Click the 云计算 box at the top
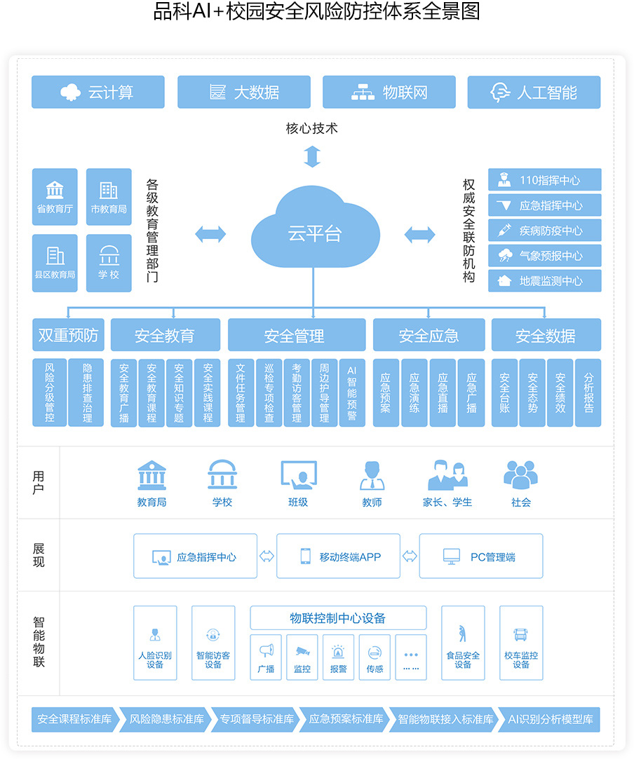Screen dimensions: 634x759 pos(98,92)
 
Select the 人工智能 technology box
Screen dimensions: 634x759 pos(534,92)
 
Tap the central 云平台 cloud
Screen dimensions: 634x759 pos(315,228)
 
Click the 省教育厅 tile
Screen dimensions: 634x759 pos(55,196)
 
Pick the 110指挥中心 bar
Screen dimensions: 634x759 pos(544,179)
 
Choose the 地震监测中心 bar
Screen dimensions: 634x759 pos(544,281)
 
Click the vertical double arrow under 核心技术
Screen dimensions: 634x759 pos(312,156)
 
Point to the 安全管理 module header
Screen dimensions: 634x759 pos(297,334)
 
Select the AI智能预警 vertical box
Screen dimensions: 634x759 pos(352,392)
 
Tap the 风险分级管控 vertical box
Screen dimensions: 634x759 pos(49,392)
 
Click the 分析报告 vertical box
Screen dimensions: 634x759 pos(588,392)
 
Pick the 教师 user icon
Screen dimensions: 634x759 pos(372,475)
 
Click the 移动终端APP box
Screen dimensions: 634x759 pos(338,556)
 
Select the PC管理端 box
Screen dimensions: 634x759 pos(481,556)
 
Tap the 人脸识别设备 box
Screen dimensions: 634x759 pos(155,643)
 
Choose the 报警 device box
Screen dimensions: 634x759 pos(338,657)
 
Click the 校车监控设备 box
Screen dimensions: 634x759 pos(521,643)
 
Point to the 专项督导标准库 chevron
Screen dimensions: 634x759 pos(257,719)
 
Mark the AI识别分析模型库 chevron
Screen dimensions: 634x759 pos(550,719)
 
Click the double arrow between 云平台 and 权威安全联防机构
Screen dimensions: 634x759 pos(420,235)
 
